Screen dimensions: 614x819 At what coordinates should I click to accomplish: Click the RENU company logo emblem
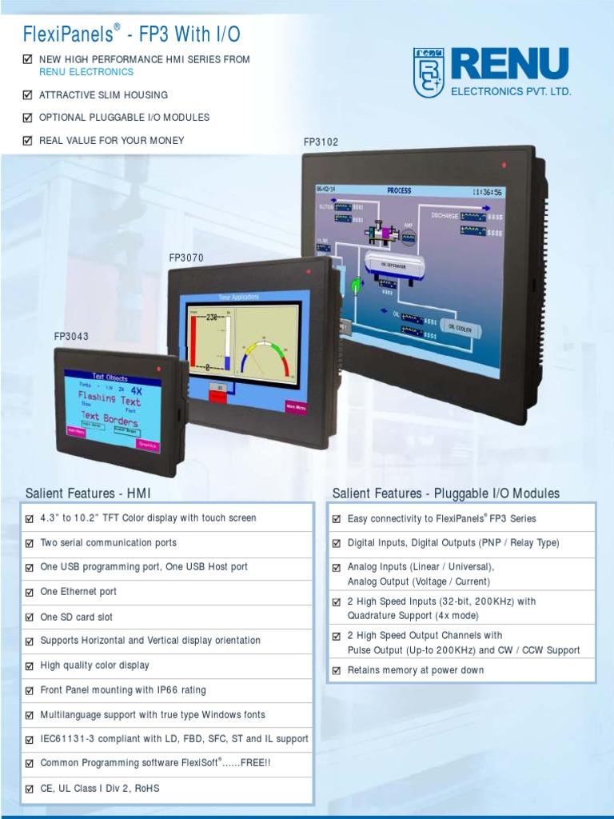pos(429,72)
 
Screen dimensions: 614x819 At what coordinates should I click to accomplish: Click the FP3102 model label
pos(321,142)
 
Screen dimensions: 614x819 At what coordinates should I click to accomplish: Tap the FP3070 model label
pos(186,258)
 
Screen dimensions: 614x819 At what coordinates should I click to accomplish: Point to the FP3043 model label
pos(71,337)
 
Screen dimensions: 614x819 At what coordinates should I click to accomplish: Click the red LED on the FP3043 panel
pos(160,369)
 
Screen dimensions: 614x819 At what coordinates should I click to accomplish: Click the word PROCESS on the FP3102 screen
pos(399,191)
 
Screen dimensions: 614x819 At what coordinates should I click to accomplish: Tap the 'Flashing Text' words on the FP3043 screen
pos(109,398)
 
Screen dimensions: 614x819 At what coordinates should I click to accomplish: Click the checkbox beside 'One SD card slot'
pos(30,617)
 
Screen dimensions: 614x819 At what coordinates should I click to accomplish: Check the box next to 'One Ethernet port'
pos(30,593)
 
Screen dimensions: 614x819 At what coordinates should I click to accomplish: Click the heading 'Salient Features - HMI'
pos(88,493)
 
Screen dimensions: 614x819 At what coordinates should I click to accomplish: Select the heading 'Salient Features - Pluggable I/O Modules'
pos(446,493)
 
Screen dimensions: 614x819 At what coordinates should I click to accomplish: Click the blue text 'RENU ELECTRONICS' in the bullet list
pos(86,72)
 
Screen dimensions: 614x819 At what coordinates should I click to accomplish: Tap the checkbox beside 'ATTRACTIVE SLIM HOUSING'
pos(28,95)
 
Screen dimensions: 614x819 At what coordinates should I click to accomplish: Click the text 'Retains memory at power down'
pos(416,670)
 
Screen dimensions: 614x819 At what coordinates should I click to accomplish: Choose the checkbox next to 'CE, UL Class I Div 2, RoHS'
pos(30,789)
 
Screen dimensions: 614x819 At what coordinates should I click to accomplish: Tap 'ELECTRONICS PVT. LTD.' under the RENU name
pos(511,92)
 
